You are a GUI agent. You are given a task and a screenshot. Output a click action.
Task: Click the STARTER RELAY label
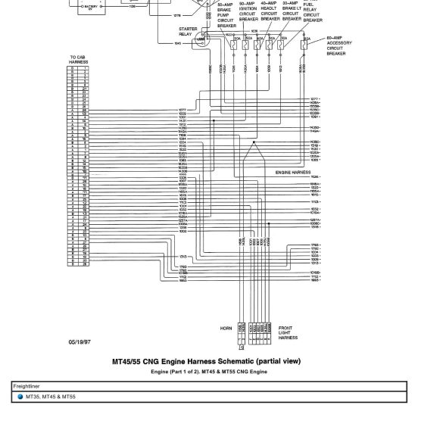pyautogui.click(x=186, y=32)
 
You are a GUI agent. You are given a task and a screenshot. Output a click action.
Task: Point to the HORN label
pyautogui.click(x=225, y=329)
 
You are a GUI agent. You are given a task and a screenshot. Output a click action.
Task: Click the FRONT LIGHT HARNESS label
pyautogui.click(x=288, y=331)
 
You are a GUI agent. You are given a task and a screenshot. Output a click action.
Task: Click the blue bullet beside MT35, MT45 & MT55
pyautogui.click(x=20, y=396)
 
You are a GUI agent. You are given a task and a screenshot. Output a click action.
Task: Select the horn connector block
pyautogui.click(x=242, y=330)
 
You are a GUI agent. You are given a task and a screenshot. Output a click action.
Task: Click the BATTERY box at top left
pyautogui.click(x=91, y=5)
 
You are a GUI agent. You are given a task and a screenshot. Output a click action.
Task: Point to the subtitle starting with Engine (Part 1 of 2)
pyautogui.click(x=209, y=373)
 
